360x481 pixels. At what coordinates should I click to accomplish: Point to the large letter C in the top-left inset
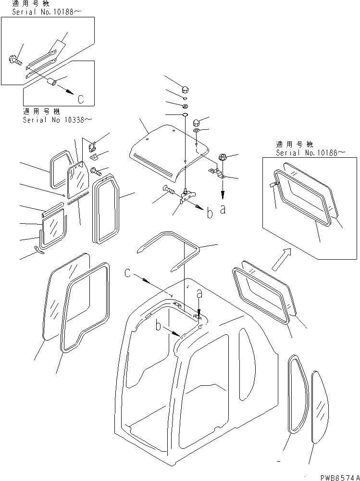(x=81, y=99)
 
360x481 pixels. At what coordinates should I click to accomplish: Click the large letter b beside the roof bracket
(x=210, y=214)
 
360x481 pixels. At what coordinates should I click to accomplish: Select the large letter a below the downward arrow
(x=223, y=210)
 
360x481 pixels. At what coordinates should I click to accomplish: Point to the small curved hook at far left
(x=40, y=249)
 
